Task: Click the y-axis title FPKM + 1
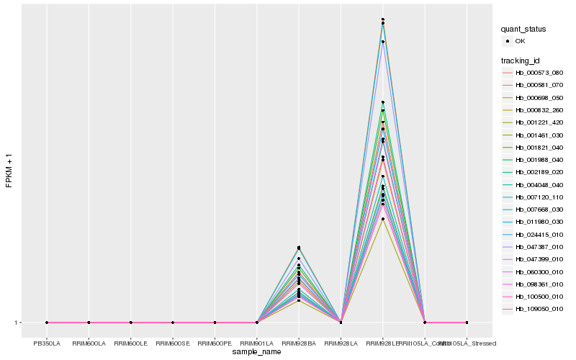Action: click(9, 172)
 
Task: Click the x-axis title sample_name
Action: click(256, 352)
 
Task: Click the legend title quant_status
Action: click(524, 29)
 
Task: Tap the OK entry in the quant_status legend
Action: click(520, 41)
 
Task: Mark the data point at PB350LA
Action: click(47, 323)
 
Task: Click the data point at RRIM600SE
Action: click(173, 323)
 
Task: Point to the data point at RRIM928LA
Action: click(341, 323)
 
